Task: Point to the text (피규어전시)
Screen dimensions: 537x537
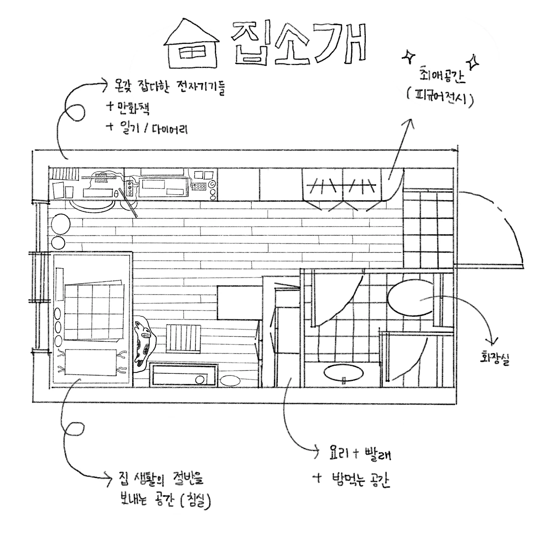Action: point(441,99)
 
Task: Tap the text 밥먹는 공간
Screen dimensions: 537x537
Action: point(360,480)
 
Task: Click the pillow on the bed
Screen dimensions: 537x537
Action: point(91,363)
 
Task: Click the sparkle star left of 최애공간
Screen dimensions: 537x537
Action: point(408,57)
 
